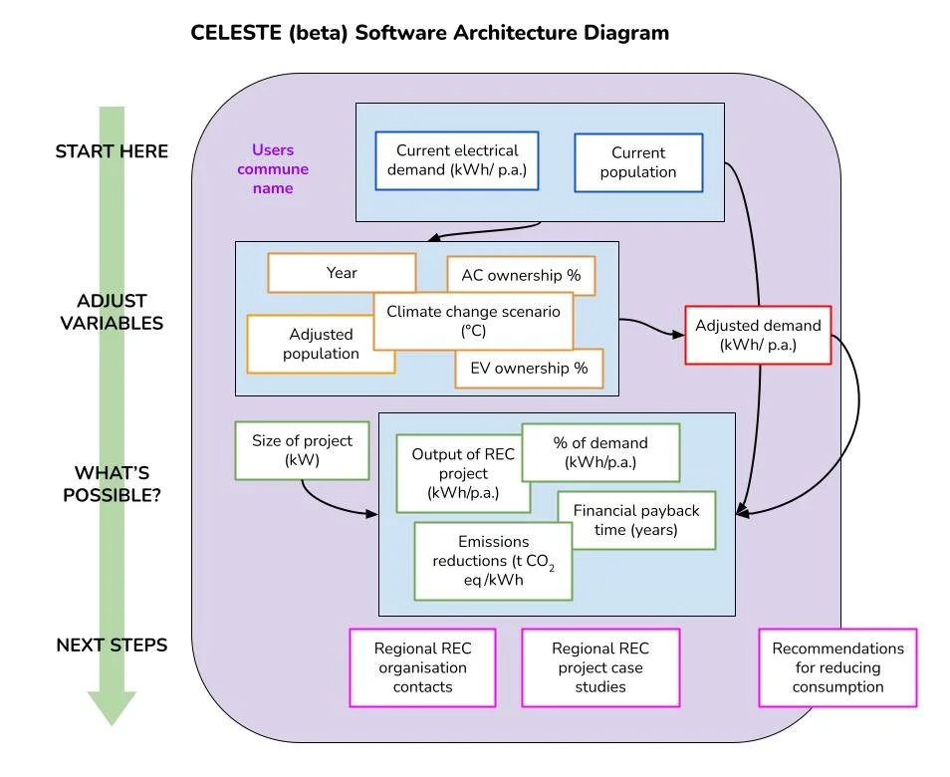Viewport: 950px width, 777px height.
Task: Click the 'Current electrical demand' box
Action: [457, 160]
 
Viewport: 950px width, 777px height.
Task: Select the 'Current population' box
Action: [638, 162]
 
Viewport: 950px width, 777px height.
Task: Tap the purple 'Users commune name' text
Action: [272, 168]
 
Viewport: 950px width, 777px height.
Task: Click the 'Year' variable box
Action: [342, 272]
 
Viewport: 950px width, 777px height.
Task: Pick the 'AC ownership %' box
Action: [521, 275]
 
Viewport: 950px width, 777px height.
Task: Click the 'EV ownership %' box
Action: [529, 369]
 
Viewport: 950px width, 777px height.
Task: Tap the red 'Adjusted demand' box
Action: [758, 336]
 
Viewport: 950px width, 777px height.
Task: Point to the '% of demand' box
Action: [600, 452]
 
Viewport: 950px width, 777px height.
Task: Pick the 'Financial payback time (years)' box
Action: [636, 520]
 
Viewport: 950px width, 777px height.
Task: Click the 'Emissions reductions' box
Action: [493, 561]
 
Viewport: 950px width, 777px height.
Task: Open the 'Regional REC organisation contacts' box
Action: [422, 667]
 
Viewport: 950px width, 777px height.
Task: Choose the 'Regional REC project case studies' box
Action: [600, 667]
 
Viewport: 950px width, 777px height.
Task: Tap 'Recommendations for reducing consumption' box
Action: [837, 667]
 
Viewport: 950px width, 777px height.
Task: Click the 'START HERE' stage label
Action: [112, 151]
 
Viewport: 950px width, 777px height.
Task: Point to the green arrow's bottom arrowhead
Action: [112, 706]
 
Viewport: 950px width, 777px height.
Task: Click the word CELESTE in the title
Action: [236, 32]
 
